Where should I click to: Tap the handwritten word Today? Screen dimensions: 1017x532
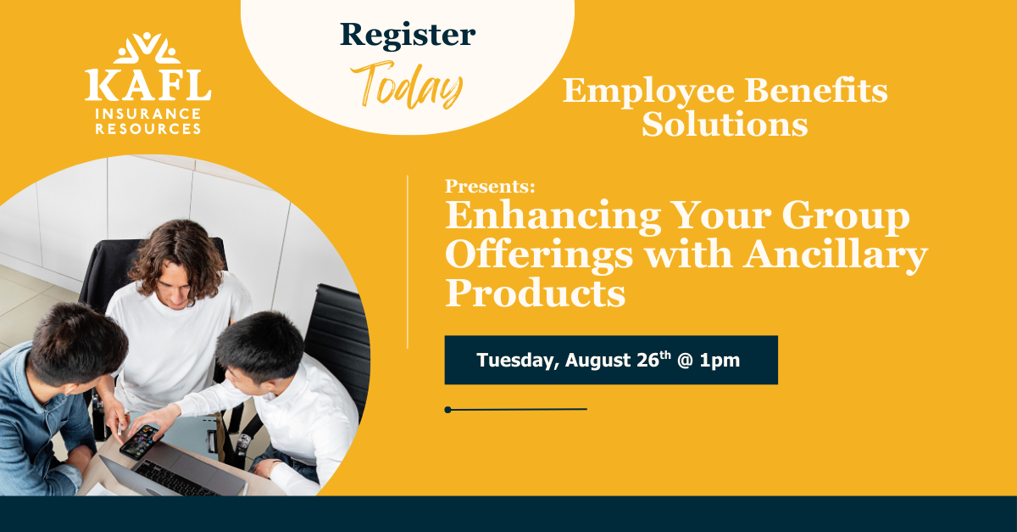[x=407, y=85]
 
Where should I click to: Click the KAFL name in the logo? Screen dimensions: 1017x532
[x=148, y=85]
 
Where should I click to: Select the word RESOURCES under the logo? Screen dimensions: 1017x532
[x=148, y=129]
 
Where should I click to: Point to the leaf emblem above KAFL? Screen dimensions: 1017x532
[x=147, y=48]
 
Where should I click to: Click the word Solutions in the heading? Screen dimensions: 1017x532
[x=725, y=124]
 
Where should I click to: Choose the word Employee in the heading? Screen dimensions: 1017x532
[x=649, y=92]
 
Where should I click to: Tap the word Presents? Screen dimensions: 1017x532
[x=491, y=186]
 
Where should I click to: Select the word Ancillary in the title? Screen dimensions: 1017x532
[x=836, y=255]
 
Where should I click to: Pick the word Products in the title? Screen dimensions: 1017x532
[x=536, y=294]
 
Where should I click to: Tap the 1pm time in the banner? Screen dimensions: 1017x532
[x=720, y=361]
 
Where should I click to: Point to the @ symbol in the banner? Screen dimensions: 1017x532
[x=685, y=360]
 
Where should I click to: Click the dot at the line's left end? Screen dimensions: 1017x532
[x=448, y=410]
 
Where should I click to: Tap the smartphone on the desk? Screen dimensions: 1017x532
[x=141, y=441]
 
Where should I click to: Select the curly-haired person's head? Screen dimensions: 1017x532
[x=176, y=264]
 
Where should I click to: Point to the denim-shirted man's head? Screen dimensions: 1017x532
[x=77, y=345]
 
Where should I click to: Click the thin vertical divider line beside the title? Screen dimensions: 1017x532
[x=408, y=262]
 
